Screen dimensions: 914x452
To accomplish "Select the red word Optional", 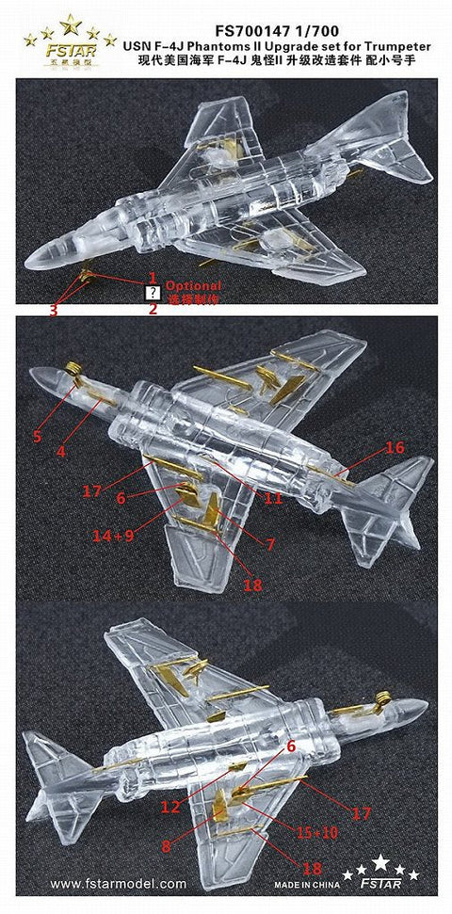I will point(193,285).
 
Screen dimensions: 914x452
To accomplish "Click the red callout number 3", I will point(54,311).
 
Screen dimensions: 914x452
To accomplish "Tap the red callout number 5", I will point(38,436).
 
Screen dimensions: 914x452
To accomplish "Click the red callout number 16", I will point(395,448).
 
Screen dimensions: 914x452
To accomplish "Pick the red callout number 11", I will point(273,499).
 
